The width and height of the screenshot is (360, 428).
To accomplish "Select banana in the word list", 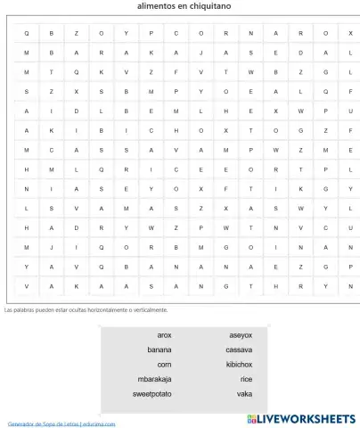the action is point(160,350).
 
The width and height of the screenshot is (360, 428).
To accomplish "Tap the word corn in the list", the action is point(164,364).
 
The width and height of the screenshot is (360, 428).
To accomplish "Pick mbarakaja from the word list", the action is point(152,378).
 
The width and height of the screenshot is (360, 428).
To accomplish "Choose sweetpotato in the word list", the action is point(152,393).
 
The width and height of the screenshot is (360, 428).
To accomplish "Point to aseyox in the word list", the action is point(241,335).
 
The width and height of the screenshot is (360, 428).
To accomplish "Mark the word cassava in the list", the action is point(239,350).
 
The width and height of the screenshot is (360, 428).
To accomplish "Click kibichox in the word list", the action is point(239,364).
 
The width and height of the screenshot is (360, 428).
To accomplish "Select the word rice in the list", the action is point(246,378).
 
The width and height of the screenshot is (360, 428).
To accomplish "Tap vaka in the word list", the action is point(244,393).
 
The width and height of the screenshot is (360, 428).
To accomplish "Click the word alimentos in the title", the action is point(157,5).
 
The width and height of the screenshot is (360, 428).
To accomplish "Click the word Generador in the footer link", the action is point(21,424).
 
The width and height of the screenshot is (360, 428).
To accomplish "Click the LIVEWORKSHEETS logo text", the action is point(307,418).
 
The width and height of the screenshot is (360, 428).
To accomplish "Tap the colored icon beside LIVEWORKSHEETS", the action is point(252,418).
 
